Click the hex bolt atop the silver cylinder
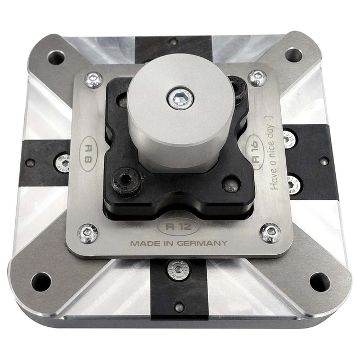[181, 98]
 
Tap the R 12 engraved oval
[178, 227]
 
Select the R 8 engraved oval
[88, 154]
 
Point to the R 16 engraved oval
[255, 152]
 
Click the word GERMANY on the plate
[202, 243]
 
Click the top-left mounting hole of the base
[56, 57]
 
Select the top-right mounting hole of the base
[294, 55]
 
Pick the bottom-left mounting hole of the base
[41, 282]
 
